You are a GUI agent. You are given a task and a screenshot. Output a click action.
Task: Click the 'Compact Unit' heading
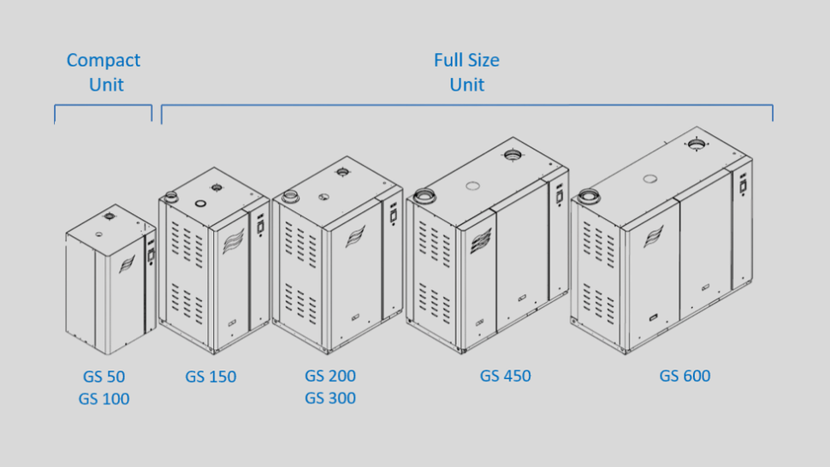point(104,72)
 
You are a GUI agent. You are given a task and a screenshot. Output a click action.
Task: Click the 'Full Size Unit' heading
point(466,72)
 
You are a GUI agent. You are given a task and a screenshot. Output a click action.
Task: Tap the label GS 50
point(104,376)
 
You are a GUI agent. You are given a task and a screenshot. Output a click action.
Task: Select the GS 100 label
point(104,399)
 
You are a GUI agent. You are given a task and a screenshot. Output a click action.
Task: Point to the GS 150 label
point(210,376)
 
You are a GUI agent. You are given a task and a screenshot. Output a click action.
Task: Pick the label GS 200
point(330,376)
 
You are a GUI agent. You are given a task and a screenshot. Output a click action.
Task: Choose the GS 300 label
point(330,399)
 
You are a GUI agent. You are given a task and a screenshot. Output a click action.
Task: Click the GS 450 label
point(505,376)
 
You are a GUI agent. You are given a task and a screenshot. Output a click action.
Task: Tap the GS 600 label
point(685,376)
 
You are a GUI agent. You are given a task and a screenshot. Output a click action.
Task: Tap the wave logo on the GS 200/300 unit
point(355,236)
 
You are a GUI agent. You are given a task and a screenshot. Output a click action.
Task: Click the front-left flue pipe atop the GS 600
point(589,195)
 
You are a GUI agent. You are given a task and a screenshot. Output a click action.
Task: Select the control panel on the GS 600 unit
point(743,181)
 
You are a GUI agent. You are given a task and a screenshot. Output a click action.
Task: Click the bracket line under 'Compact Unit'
point(104,106)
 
